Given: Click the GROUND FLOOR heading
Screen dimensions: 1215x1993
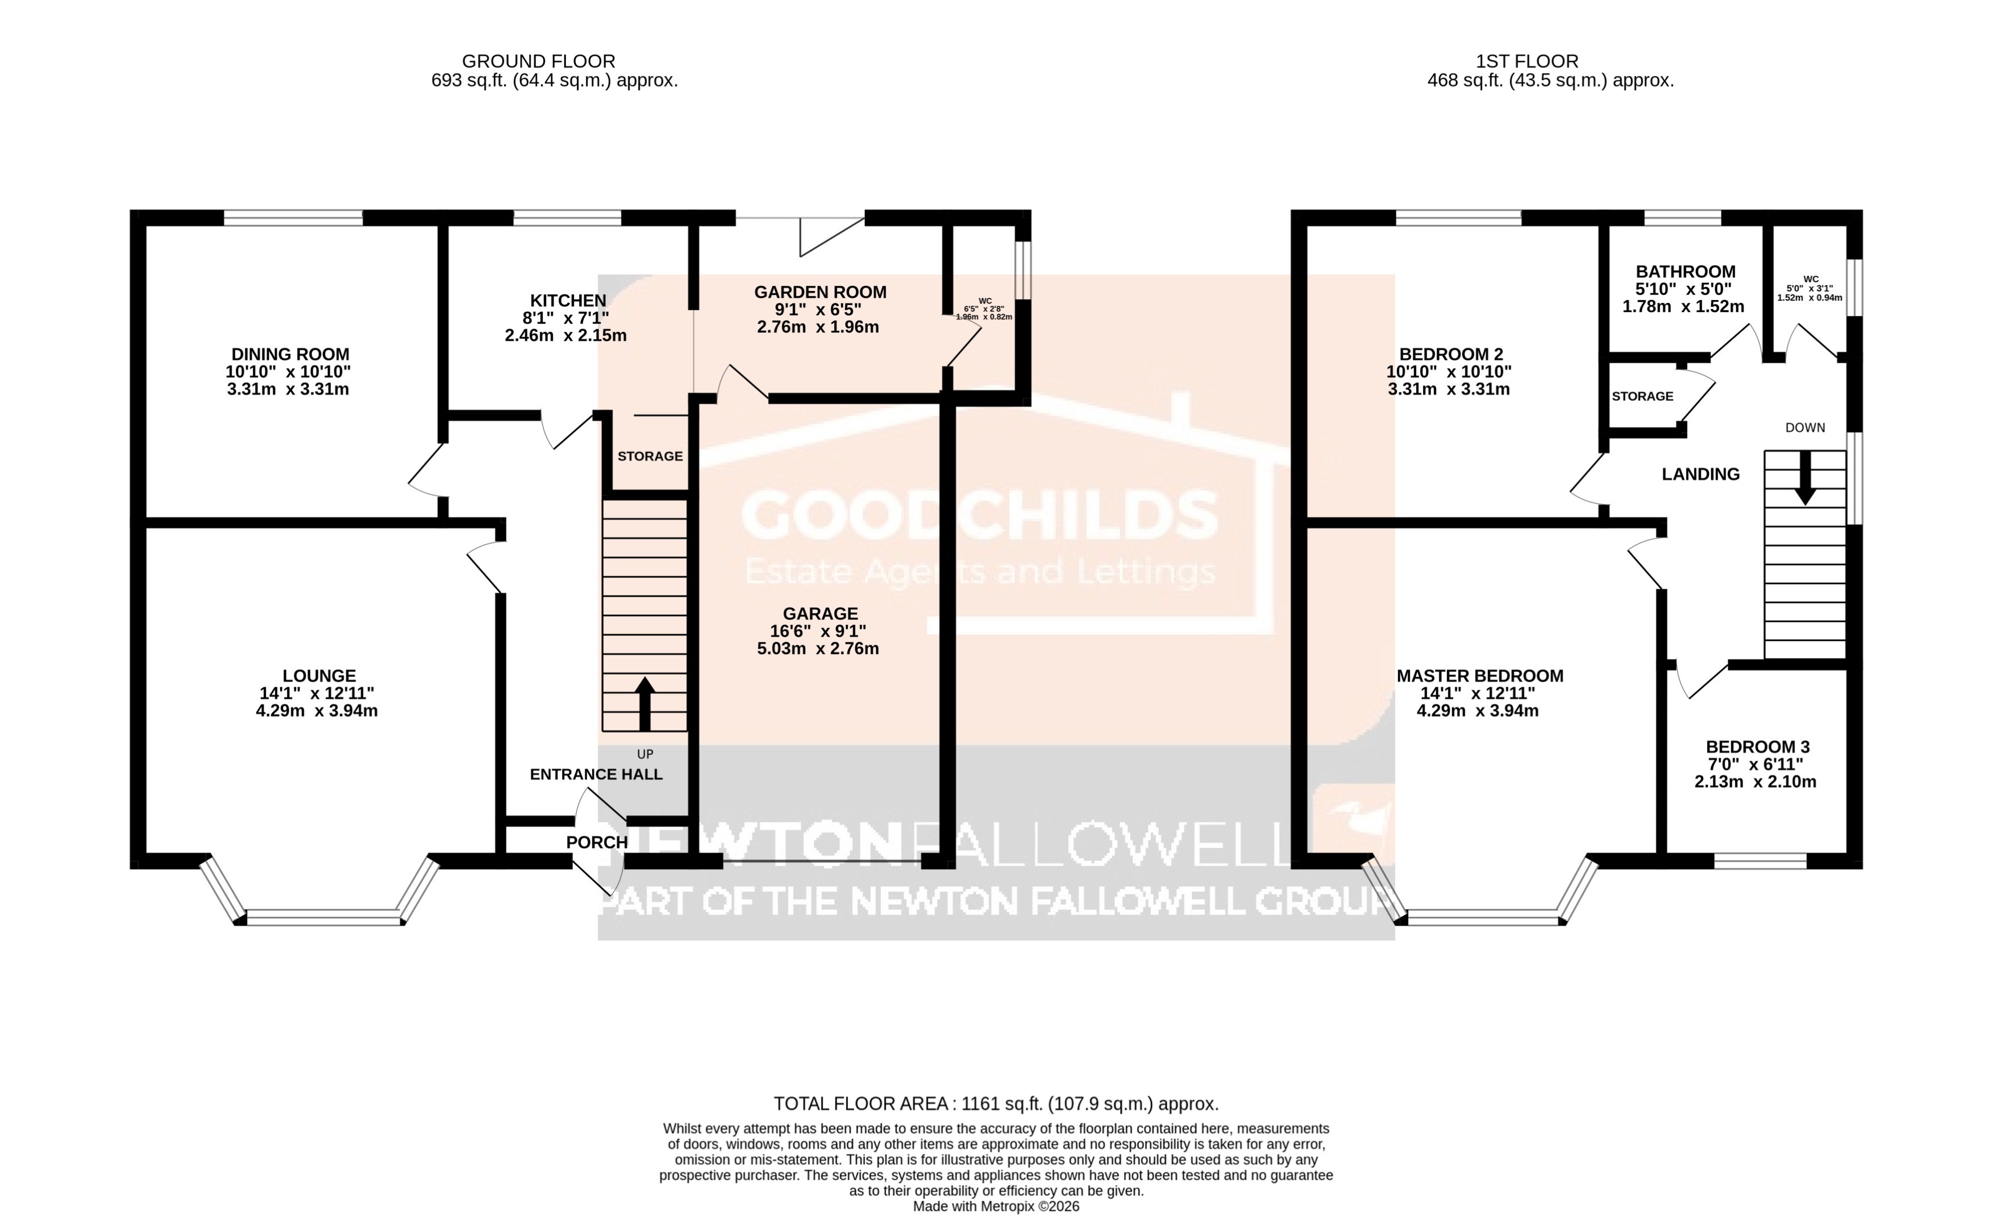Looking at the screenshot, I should point(538,61).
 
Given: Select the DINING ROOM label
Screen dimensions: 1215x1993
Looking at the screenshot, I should point(290,354).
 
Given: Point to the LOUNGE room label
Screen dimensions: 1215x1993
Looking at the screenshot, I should point(319,675).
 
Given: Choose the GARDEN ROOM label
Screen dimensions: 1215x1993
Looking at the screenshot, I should point(820,292).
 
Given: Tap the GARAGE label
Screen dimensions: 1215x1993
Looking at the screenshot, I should point(820,614).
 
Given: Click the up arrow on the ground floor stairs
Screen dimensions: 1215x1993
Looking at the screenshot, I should point(645,703).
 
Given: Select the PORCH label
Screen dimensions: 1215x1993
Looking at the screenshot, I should point(597,842).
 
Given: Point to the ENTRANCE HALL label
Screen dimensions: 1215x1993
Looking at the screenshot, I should point(596,774).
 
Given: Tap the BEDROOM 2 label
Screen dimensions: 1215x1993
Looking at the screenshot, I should point(1451,354).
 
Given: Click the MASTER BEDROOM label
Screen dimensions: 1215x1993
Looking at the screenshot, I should point(1479,675).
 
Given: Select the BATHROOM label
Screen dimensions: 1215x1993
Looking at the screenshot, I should point(1686,272).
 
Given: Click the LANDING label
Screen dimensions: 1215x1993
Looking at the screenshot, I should point(1700,475).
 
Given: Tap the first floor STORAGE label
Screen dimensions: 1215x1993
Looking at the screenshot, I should point(1642,396).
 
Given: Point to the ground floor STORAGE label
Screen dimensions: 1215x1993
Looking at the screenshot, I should point(650,456).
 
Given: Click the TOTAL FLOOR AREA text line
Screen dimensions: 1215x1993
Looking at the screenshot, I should point(996,1103).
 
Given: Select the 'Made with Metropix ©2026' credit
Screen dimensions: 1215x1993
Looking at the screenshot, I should point(996,1206).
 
